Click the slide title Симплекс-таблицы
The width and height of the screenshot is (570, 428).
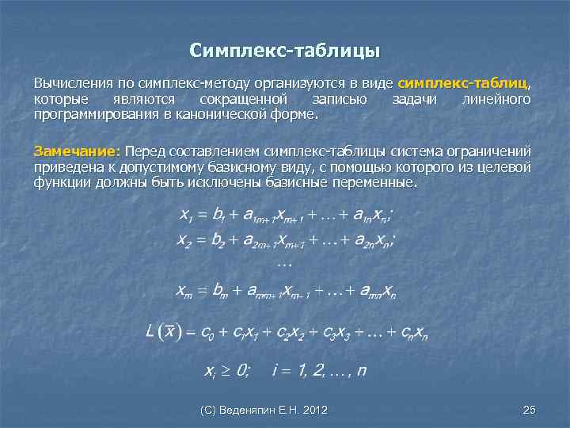click(x=285, y=52)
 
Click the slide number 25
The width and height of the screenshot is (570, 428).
click(x=530, y=410)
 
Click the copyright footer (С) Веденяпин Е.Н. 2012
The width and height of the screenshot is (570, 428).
click(x=264, y=410)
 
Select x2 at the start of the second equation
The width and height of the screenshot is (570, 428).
click(x=184, y=241)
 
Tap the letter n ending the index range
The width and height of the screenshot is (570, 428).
click(x=361, y=371)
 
